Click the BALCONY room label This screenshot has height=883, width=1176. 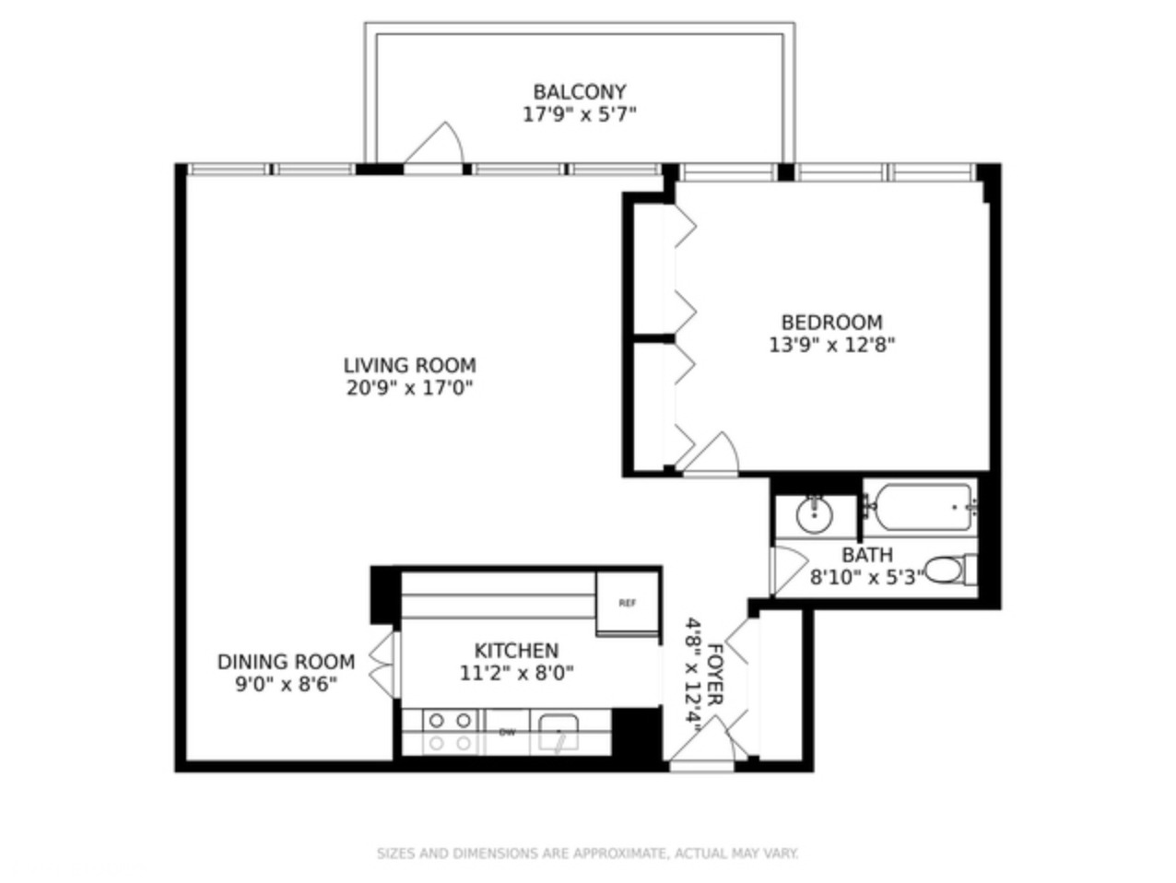[579, 92]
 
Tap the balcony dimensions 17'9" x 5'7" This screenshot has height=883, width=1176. [579, 115]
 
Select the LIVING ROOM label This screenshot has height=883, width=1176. [409, 365]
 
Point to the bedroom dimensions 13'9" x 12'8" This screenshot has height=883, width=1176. [831, 346]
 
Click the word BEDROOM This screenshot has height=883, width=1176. [831, 323]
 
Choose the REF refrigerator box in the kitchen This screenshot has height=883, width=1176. [627, 603]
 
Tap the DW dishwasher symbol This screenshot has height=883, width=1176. [506, 733]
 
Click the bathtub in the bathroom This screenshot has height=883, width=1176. [922, 507]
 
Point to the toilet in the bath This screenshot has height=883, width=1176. [949, 570]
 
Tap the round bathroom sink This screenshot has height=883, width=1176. [814, 514]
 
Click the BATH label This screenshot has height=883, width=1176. [866, 555]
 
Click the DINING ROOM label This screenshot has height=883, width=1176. [286, 662]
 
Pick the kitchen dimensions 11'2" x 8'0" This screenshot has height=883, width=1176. [516, 673]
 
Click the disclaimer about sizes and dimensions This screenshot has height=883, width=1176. [587, 854]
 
